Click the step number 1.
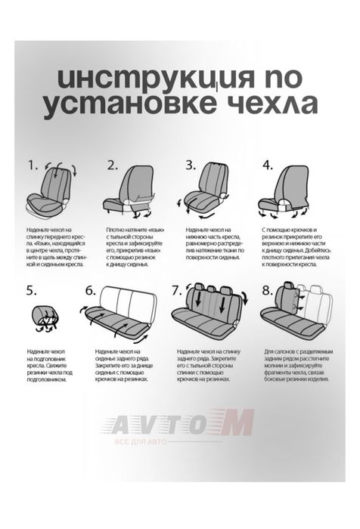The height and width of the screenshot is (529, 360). coord(32,165)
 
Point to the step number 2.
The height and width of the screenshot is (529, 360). coord(113,165)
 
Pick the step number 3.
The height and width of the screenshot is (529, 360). coord(191,165)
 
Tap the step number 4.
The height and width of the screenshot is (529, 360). coord(268,165)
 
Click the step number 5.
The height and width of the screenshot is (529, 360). coord(31,290)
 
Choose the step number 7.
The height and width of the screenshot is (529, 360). coord(176,291)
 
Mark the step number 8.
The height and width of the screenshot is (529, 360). coord(267,291)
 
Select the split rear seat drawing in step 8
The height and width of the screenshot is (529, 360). coord(296,310)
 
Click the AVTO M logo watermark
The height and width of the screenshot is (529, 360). coord(182,425)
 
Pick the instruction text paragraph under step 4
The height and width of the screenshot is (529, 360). coord(295,248)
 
